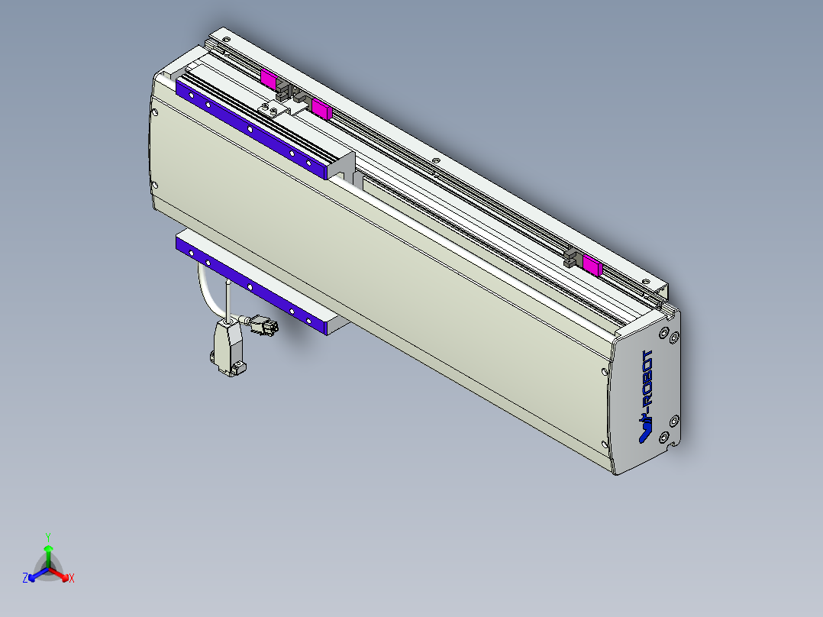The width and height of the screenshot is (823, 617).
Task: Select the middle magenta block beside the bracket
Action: (x=321, y=109)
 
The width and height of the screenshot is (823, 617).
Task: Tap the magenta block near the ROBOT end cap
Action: (x=592, y=264)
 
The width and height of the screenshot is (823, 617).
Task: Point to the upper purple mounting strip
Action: (x=252, y=129)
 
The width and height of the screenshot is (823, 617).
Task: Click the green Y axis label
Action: (x=48, y=536)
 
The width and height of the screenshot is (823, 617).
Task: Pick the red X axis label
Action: (x=72, y=579)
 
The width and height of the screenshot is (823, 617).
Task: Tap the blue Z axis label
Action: (x=25, y=579)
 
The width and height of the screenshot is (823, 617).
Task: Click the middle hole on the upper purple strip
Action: (x=250, y=129)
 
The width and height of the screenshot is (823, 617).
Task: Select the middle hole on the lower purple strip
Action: (x=250, y=286)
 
